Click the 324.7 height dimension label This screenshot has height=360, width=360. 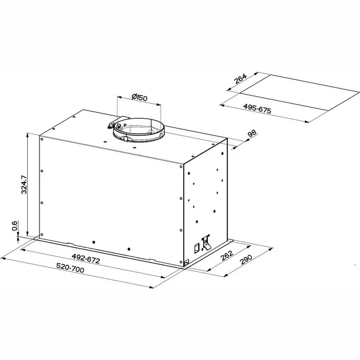24,185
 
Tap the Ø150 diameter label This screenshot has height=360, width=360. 139,97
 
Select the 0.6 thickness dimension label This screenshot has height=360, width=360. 15,226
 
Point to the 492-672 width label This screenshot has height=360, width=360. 86,259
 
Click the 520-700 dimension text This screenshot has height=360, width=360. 70,268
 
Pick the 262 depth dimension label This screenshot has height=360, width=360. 227,255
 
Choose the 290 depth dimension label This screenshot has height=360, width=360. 246,259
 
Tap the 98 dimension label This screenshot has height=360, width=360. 252,133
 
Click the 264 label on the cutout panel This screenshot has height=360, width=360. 240,79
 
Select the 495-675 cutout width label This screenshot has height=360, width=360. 257,109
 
